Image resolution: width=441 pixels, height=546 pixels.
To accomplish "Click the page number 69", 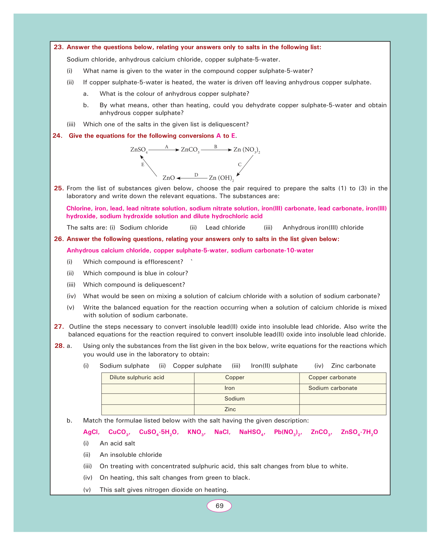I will click(219, 506).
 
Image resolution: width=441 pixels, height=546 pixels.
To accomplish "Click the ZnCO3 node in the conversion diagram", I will click(190, 150).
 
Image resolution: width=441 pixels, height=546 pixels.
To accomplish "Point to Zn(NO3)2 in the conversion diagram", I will click(247, 150).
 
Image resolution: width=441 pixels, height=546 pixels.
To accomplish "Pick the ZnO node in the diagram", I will click(169, 178).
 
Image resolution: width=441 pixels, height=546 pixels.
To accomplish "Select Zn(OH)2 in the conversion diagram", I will click(221, 178).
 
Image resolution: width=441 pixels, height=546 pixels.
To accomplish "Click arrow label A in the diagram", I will click(167, 147).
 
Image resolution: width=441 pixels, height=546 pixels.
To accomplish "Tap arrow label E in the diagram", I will click(143, 164).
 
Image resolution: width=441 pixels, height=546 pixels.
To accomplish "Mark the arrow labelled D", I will click(192, 178).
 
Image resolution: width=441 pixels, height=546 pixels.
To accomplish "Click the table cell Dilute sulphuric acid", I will click(137, 377).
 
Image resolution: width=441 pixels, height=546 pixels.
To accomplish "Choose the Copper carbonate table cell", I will click(332, 377).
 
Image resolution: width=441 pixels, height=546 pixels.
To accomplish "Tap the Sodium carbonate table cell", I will click(333, 388).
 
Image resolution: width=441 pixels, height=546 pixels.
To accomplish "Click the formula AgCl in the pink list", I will click(91, 432).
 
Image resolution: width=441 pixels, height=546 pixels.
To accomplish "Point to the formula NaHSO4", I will click(252, 432).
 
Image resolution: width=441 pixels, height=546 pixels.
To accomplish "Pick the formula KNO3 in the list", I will click(196, 432).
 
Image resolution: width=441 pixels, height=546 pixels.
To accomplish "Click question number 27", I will click(59, 327).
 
